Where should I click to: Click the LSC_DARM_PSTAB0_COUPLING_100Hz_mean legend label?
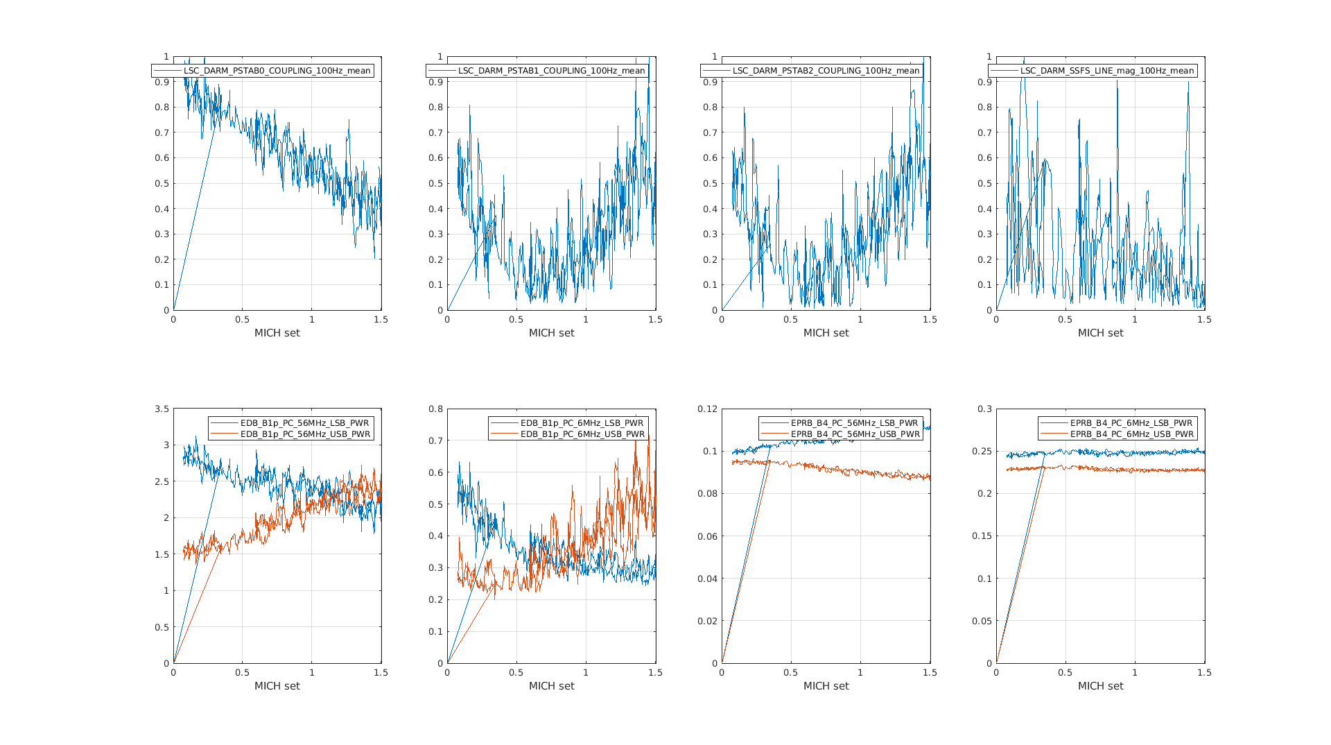point(277,71)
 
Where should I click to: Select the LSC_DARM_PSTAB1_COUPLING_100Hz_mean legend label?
point(551,71)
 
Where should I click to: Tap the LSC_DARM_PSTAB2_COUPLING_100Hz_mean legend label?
point(826,71)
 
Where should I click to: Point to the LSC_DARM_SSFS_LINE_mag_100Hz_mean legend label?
point(1107,71)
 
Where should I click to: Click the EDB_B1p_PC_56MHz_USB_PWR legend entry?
point(304,434)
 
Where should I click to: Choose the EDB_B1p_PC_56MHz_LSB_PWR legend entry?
point(304,423)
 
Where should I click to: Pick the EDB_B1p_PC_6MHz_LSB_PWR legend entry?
point(582,423)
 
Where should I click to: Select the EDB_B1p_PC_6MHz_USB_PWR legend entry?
point(582,434)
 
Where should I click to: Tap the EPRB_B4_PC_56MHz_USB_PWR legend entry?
point(855,434)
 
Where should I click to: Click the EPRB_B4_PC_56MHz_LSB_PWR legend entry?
point(854,423)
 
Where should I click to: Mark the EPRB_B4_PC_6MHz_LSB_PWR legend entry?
point(1131,423)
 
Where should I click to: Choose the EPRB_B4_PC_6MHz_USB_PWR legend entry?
point(1131,434)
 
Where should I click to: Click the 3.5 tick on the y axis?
point(162,409)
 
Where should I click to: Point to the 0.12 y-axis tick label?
point(707,409)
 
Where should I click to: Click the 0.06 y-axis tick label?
point(707,536)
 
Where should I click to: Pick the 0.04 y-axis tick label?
point(707,579)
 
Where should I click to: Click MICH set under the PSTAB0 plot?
point(277,333)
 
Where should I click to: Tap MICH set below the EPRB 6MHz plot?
point(1101,686)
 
